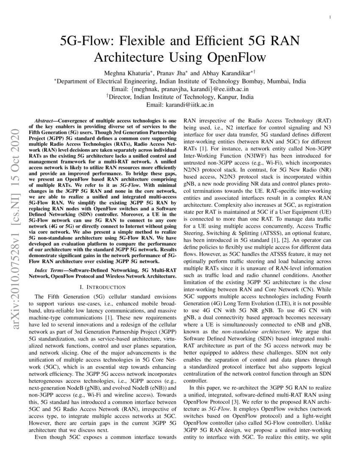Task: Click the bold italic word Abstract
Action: [45, 121]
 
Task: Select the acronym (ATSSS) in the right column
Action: [275, 233]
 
